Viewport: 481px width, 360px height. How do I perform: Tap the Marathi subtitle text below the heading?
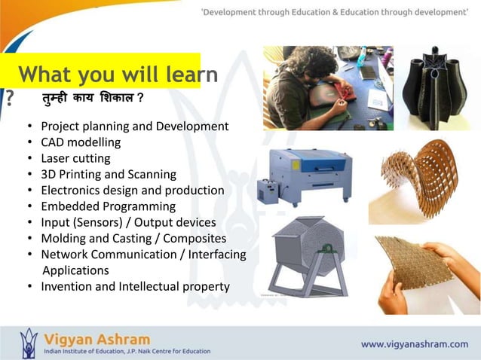pos(93,99)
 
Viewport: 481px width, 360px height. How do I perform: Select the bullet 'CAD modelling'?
pos(81,142)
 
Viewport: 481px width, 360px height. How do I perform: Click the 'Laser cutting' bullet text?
pos(75,158)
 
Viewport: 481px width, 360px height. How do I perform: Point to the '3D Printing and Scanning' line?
pos(109,174)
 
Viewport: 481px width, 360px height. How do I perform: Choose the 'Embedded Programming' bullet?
pos(108,206)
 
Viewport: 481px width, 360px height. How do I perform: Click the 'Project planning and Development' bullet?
pos(134,126)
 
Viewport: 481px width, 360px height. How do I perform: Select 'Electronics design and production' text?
pos(132,191)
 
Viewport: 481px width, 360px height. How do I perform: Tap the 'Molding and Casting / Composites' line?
pos(133,239)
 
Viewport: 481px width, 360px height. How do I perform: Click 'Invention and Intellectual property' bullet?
pos(135,287)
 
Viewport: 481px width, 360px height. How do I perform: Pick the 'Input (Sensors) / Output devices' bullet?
pos(128,223)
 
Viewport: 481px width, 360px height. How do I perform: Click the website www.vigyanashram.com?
pos(414,344)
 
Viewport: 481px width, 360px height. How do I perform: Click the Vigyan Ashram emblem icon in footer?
pos(29,343)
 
